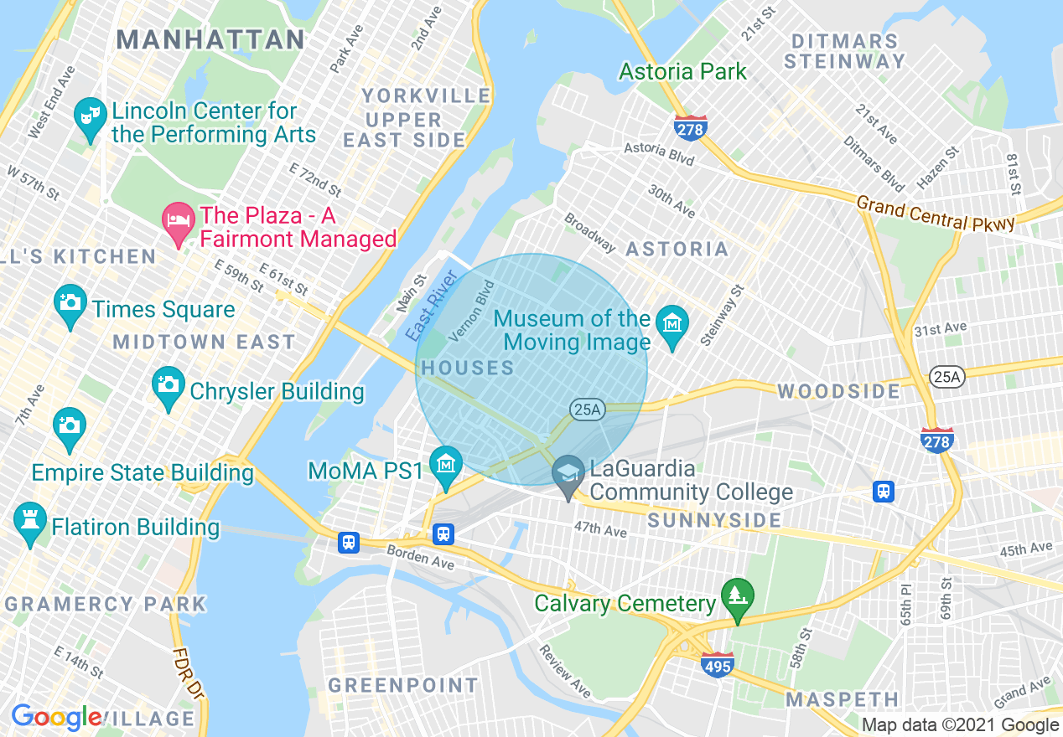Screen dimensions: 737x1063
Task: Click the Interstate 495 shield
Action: point(718,665)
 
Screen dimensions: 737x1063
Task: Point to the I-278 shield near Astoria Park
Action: point(690,128)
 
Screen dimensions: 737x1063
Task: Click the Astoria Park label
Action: point(682,72)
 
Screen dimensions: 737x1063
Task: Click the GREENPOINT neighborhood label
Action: point(402,685)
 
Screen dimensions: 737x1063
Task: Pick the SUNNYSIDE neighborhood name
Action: point(714,521)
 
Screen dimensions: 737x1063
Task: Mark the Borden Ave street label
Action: point(420,558)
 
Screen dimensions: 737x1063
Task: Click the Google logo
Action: point(56,718)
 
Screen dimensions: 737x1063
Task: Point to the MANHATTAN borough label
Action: point(210,39)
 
